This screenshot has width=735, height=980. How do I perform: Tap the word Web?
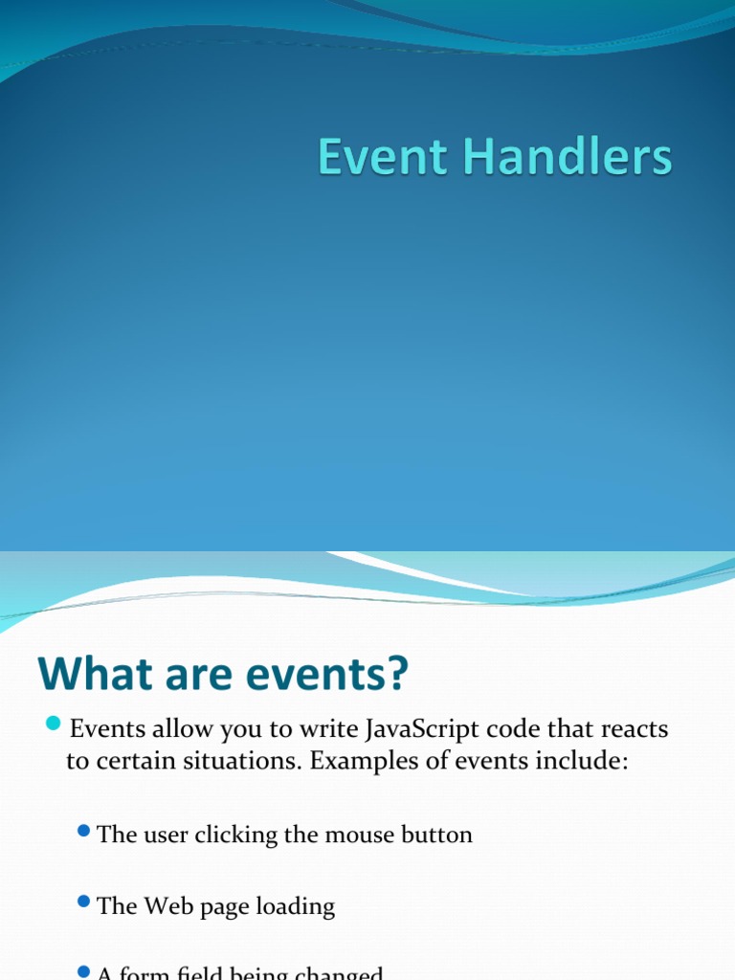pyautogui.click(x=167, y=906)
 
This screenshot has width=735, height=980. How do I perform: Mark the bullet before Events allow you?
pyautogui.click(x=54, y=723)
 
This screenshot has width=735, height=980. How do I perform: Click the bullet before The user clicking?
pyautogui.click(x=84, y=830)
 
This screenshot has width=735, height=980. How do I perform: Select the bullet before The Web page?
pyautogui.click(x=84, y=902)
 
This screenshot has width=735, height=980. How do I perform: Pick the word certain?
pyautogui.click(x=128, y=763)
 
